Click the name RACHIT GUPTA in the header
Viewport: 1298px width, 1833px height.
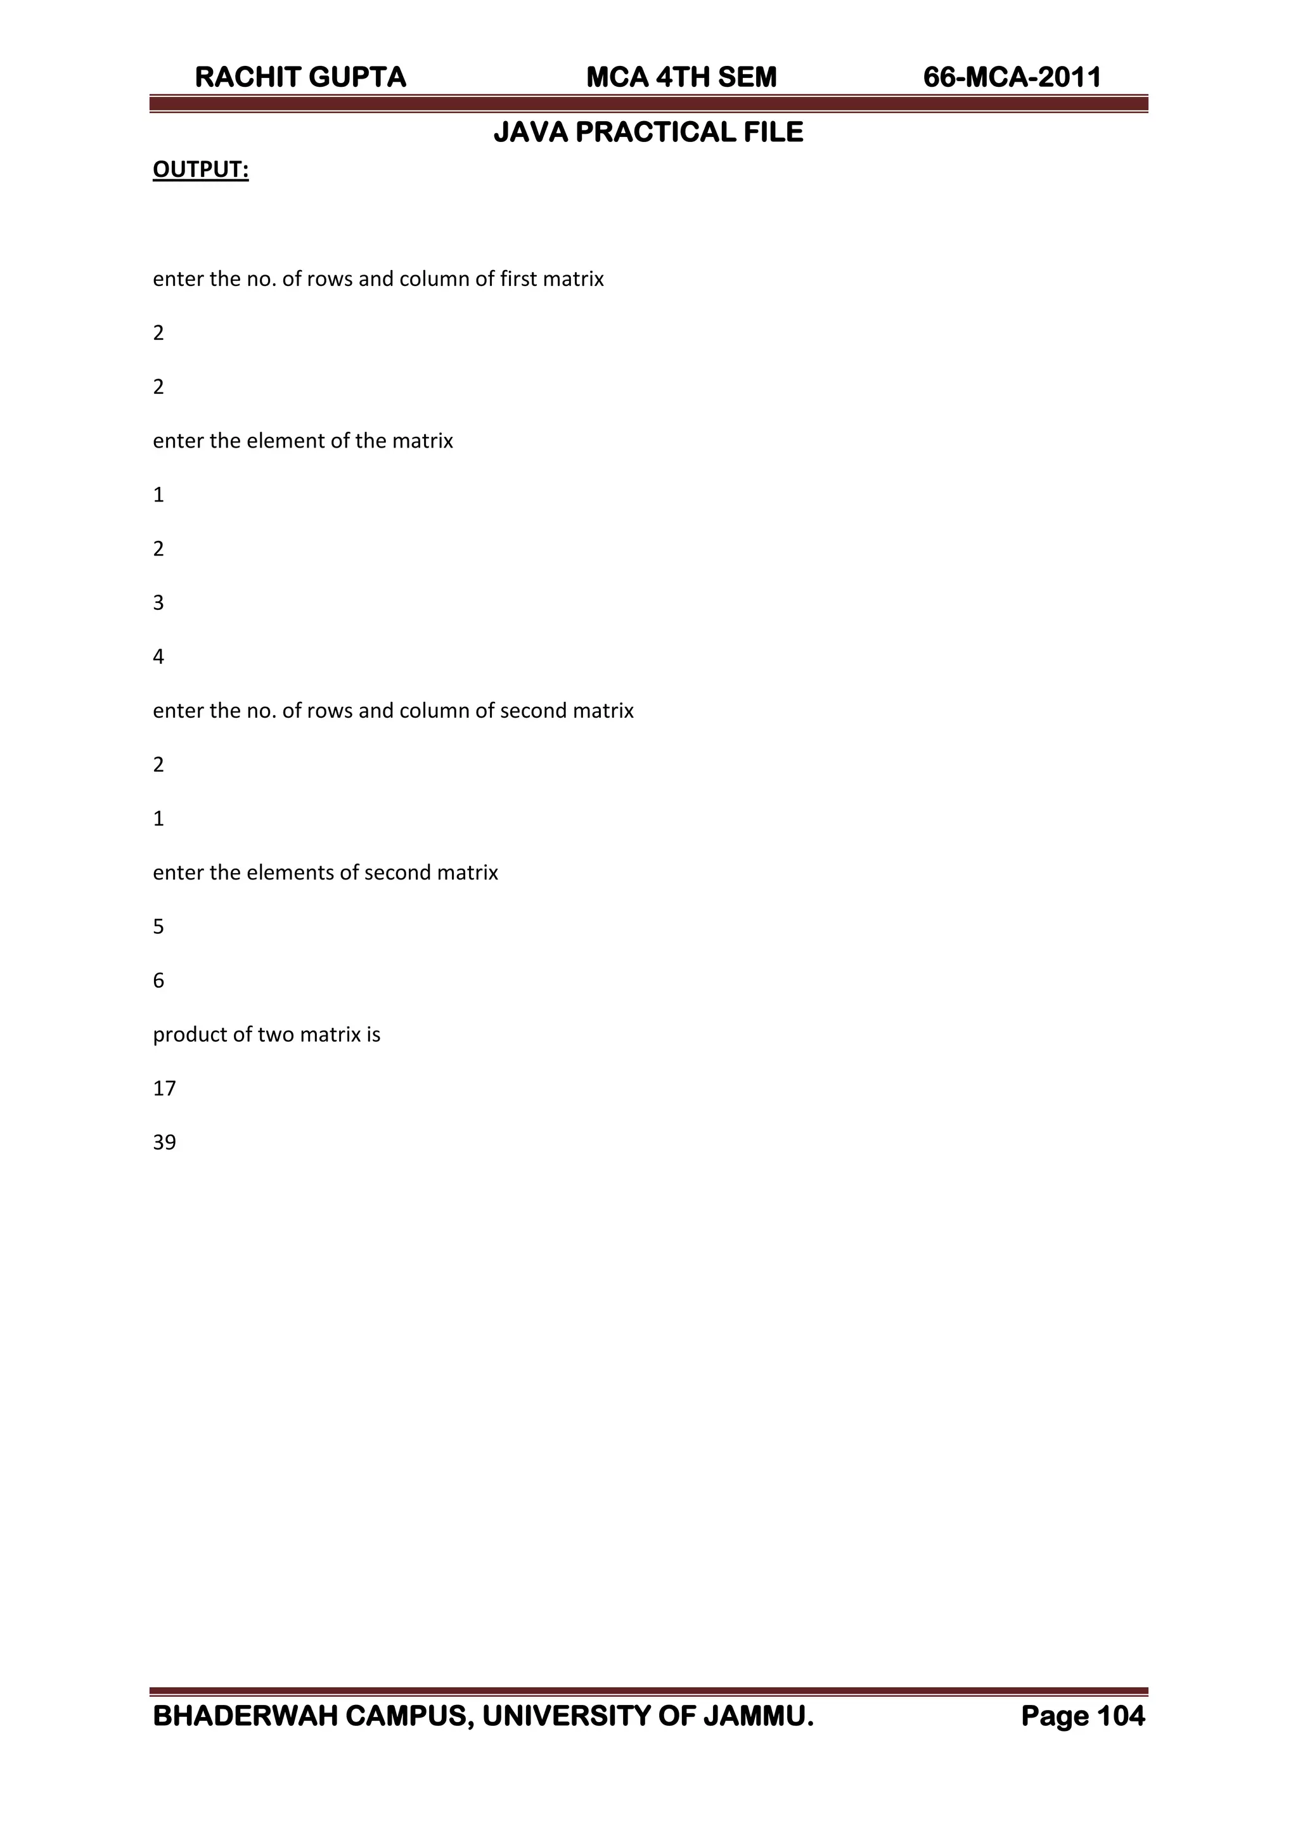300,77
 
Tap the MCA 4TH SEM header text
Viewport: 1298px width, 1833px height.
681,77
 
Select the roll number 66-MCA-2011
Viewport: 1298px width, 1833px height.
1012,77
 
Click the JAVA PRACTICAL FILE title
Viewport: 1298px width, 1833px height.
648,132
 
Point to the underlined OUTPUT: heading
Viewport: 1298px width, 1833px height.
201,169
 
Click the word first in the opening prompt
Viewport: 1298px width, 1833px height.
518,279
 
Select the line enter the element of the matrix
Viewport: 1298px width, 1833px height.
303,441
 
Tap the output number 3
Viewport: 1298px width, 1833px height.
158,603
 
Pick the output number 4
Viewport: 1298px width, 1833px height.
158,657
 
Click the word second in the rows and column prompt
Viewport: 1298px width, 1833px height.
530,711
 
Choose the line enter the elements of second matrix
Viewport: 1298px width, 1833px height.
325,873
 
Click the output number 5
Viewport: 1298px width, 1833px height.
158,926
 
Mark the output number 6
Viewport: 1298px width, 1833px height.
158,981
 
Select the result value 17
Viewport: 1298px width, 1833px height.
164,1089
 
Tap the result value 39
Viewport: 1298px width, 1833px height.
164,1143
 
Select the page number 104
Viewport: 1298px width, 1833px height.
1121,1716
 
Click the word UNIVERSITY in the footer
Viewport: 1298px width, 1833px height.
567,1716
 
